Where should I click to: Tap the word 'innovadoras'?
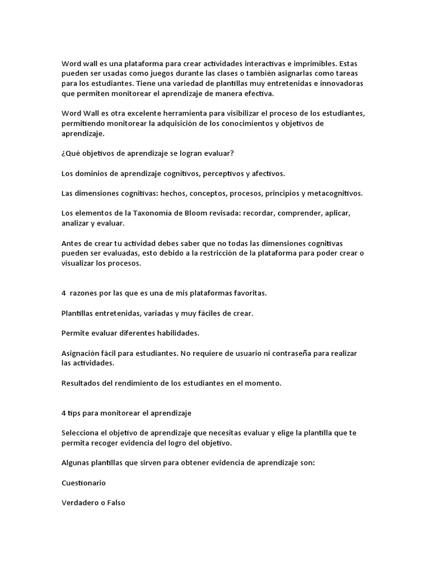pos(339,84)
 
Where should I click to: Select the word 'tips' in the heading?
pos(74,413)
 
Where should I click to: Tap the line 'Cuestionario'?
pos(83,483)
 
